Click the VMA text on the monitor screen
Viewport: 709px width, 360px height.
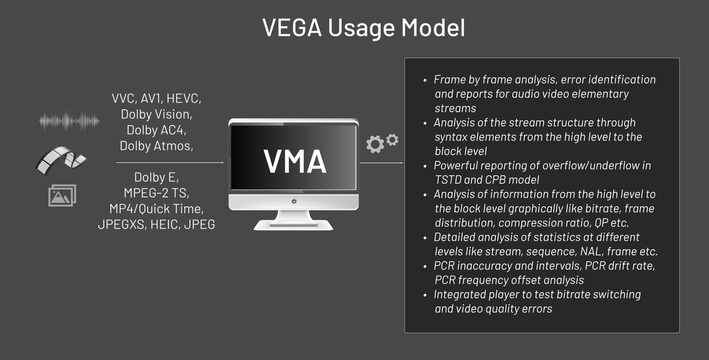click(294, 161)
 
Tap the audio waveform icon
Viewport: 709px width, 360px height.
click(69, 121)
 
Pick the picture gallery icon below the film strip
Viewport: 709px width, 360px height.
click(62, 196)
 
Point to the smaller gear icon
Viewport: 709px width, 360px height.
click(392, 139)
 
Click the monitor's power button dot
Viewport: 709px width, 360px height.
click(294, 202)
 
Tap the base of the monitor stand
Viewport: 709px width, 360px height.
click(294, 225)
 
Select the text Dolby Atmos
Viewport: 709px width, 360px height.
click(156, 145)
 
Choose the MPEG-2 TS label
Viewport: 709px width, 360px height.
click(156, 193)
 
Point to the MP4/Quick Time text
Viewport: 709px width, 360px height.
click(156, 209)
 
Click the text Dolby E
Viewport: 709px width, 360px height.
click(156, 177)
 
